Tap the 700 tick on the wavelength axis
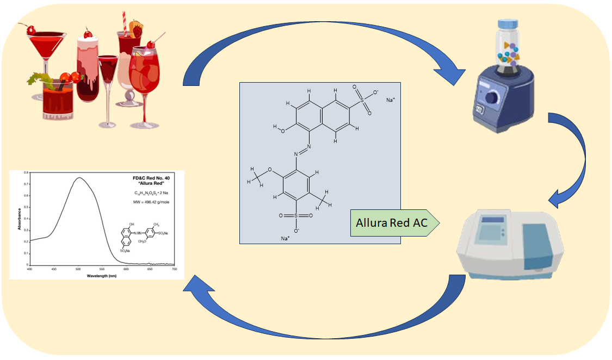coord(175,269)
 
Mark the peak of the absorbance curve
coord(79,178)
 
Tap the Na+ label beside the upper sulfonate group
coord(390,100)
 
